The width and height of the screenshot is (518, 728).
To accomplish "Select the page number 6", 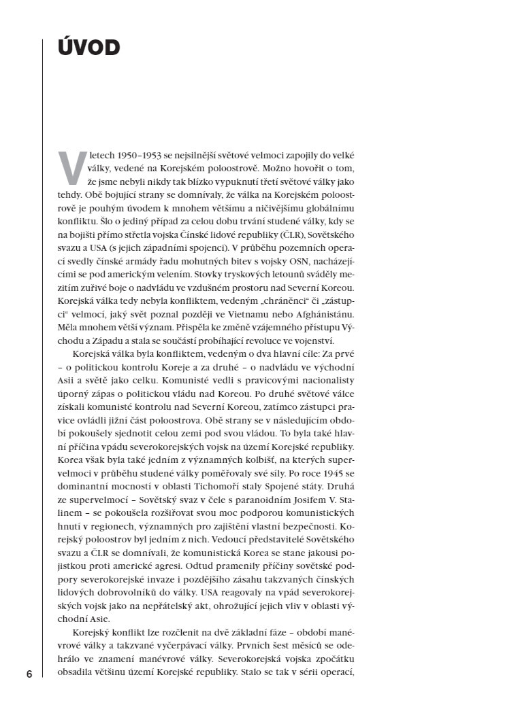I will (29, 674).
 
